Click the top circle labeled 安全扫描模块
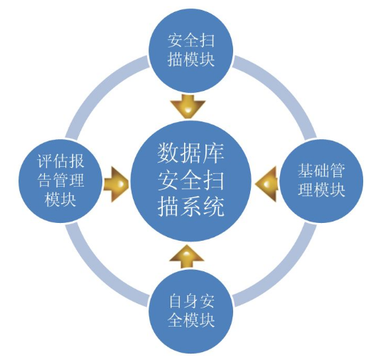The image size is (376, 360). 191,50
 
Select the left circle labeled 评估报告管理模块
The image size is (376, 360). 60,180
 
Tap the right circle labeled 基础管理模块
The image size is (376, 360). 321,180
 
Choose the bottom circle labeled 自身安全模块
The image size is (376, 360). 191,311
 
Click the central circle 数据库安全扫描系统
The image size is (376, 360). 191,180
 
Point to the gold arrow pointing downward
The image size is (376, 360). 188,107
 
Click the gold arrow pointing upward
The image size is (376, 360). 186,256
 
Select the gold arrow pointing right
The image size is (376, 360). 117,184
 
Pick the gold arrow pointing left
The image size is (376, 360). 266,184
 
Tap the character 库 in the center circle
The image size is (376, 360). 213,153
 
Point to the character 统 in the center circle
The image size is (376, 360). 213,207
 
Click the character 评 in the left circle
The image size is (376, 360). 45,161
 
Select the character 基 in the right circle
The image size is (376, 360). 306,171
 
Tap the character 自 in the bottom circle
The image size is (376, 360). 175,301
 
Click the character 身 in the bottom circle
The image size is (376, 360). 191,301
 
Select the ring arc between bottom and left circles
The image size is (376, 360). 98,273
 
